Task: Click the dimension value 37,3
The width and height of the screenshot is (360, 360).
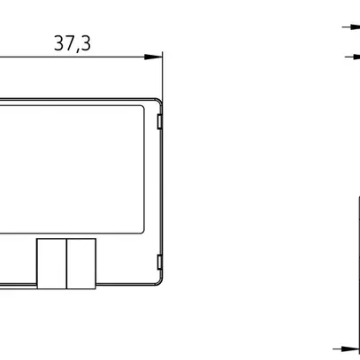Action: pos(73,43)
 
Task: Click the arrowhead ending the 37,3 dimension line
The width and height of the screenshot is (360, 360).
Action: pos(153,57)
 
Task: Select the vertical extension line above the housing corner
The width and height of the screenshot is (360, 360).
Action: pos(163,76)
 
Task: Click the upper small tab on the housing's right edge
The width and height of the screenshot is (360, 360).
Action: pos(159,122)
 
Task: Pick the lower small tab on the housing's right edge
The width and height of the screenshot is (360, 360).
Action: pos(159,262)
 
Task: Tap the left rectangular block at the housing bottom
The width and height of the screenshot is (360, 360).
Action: pos(51,264)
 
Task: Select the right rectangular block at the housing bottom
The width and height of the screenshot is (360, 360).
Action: pos(81,264)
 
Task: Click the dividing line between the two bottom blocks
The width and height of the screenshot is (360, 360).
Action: pos(66,264)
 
